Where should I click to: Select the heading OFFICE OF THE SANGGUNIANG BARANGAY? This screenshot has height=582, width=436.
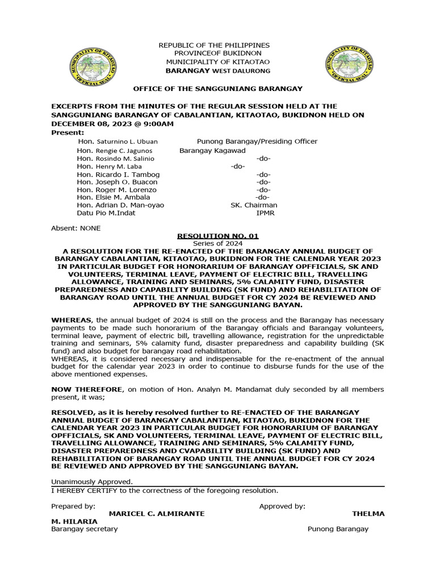tap(219, 89)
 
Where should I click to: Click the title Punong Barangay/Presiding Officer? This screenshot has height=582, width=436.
tap(257, 142)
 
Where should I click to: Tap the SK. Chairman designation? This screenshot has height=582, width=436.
tap(254, 205)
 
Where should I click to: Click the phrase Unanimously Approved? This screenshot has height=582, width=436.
tap(92, 482)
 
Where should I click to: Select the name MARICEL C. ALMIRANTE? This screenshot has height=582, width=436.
tap(157, 514)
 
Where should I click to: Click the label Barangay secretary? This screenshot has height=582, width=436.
tap(85, 529)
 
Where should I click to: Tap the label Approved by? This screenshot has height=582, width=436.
tap(282, 506)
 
